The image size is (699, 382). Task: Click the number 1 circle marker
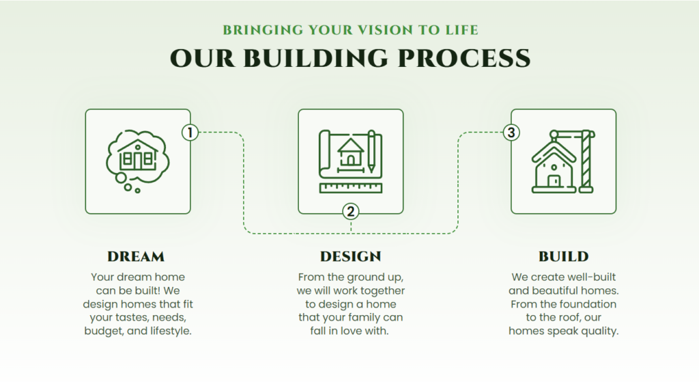coord(190,133)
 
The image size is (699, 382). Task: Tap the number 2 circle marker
coord(351,212)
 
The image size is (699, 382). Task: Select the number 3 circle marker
coord(511,133)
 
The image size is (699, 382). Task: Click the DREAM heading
coord(136,256)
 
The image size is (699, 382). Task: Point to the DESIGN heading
coord(351,256)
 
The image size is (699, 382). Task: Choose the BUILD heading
coord(563,256)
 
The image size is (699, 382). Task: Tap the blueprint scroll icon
coord(351,161)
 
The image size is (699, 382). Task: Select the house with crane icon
coord(563,161)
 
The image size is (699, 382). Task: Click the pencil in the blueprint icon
coord(371,152)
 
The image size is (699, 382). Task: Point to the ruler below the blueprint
coord(351,188)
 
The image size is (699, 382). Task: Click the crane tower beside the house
coord(586,161)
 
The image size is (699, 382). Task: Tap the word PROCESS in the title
coord(463,59)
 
